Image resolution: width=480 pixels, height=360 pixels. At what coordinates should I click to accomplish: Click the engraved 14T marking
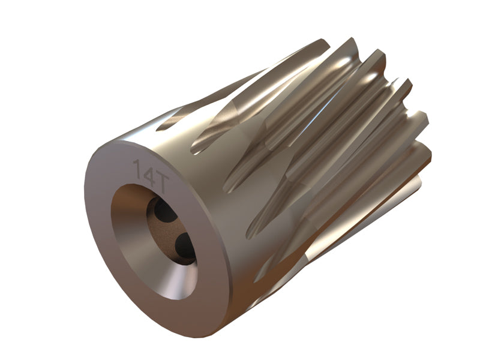[x=151, y=176]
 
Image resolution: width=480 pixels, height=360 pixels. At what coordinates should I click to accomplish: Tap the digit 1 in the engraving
[x=137, y=169]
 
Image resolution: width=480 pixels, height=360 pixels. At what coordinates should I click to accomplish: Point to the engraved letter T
[x=161, y=184]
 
